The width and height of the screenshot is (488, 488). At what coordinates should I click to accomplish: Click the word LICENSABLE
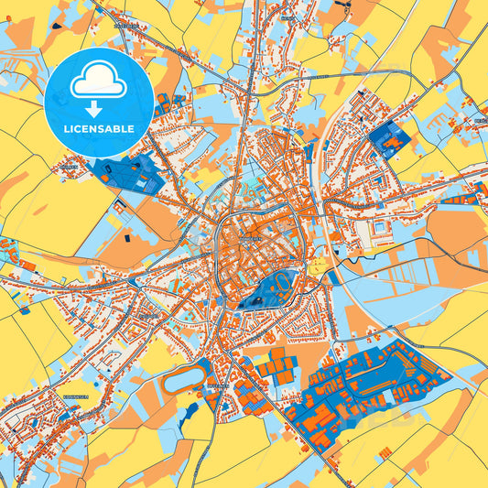98,128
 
